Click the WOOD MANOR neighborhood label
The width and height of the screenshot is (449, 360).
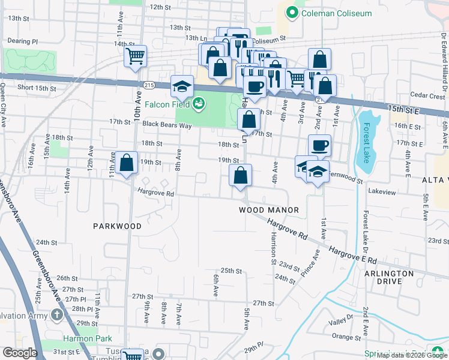click(x=269, y=210)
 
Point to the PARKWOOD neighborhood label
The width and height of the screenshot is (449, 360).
click(x=117, y=226)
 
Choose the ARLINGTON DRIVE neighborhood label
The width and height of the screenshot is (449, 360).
click(x=388, y=277)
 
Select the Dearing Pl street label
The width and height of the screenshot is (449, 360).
click(x=22, y=41)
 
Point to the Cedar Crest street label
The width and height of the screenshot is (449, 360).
click(x=427, y=95)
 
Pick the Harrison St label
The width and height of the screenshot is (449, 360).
click(x=273, y=251)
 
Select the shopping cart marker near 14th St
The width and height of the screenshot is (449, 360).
click(x=136, y=56)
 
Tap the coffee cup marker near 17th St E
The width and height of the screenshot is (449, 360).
click(x=319, y=145)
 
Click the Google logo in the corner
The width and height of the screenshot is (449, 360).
click(x=20, y=353)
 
